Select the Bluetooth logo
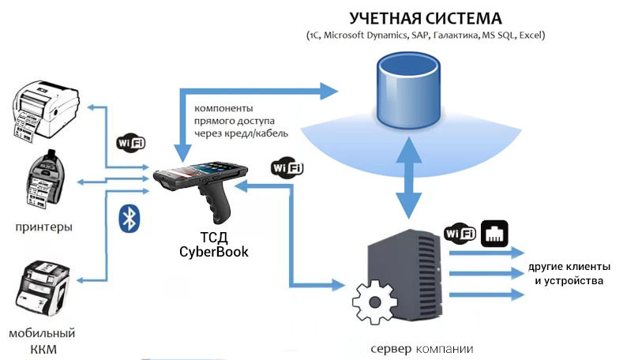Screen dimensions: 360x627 [x=129, y=218]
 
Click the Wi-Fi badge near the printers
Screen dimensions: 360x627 [x=130, y=142]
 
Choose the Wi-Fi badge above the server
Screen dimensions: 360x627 [x=459, y=233]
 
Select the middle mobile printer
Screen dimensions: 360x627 [x=44, y=179]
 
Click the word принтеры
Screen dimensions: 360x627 [x=43, y=227]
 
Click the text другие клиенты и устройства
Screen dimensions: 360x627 [x=568, y=274]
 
